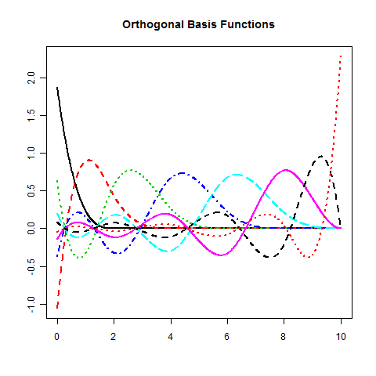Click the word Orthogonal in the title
coord(154,25)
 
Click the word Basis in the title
coord(202,24)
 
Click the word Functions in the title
coord(248,24)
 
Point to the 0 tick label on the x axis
coord(57,337)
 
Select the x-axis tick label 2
coord(114,337)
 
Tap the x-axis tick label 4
coord(170,337)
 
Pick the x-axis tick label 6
coord(226,337)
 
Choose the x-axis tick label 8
coord(284,337)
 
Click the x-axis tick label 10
coord(341,337)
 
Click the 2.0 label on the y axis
coord(31,78)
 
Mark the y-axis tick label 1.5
coord(31,115)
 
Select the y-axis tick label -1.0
coord(31,305)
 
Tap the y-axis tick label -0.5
coord(31,267)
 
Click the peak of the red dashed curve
coord(89,160)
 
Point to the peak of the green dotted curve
coord(132,170)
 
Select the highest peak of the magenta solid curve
coord(286,170)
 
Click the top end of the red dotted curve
coord(341,56)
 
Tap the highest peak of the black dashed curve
coord(321,156)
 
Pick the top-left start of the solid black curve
coord(57,88)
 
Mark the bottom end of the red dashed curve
coord(57,309)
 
